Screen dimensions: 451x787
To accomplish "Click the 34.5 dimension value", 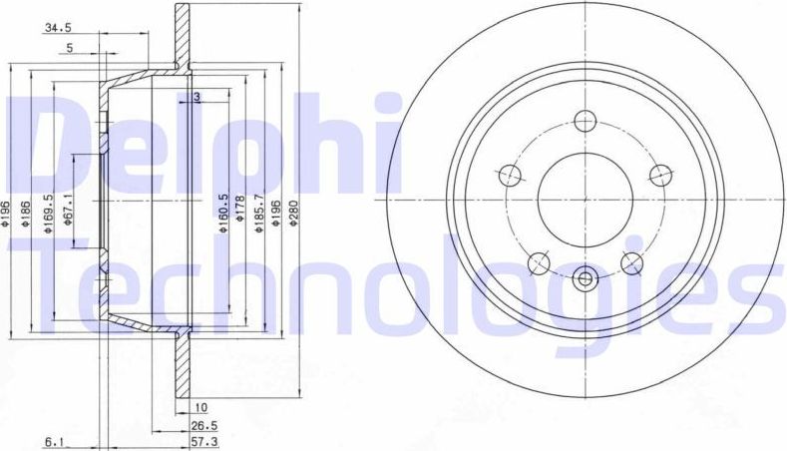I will tap(57, 29).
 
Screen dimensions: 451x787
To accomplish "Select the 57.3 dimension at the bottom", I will tap(203, 439).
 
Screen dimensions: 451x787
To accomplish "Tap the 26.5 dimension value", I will tap(203, 424).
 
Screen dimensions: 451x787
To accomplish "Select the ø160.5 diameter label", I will tap(224, 213).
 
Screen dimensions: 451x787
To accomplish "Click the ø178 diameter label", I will tap(241, 218).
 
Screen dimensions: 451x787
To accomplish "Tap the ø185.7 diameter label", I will tap(258, 213).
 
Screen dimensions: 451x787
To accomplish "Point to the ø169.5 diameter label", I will tap(49, 214).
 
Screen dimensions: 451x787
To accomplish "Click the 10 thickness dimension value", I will tap(200, 408).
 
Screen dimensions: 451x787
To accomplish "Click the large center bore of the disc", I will tap(586, 196).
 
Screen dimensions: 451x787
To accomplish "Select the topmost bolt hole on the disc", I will tap(586, 119).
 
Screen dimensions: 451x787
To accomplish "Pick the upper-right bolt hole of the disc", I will tap(659, 175).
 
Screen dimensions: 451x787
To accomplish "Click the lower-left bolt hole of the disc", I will tap(540, 261).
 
